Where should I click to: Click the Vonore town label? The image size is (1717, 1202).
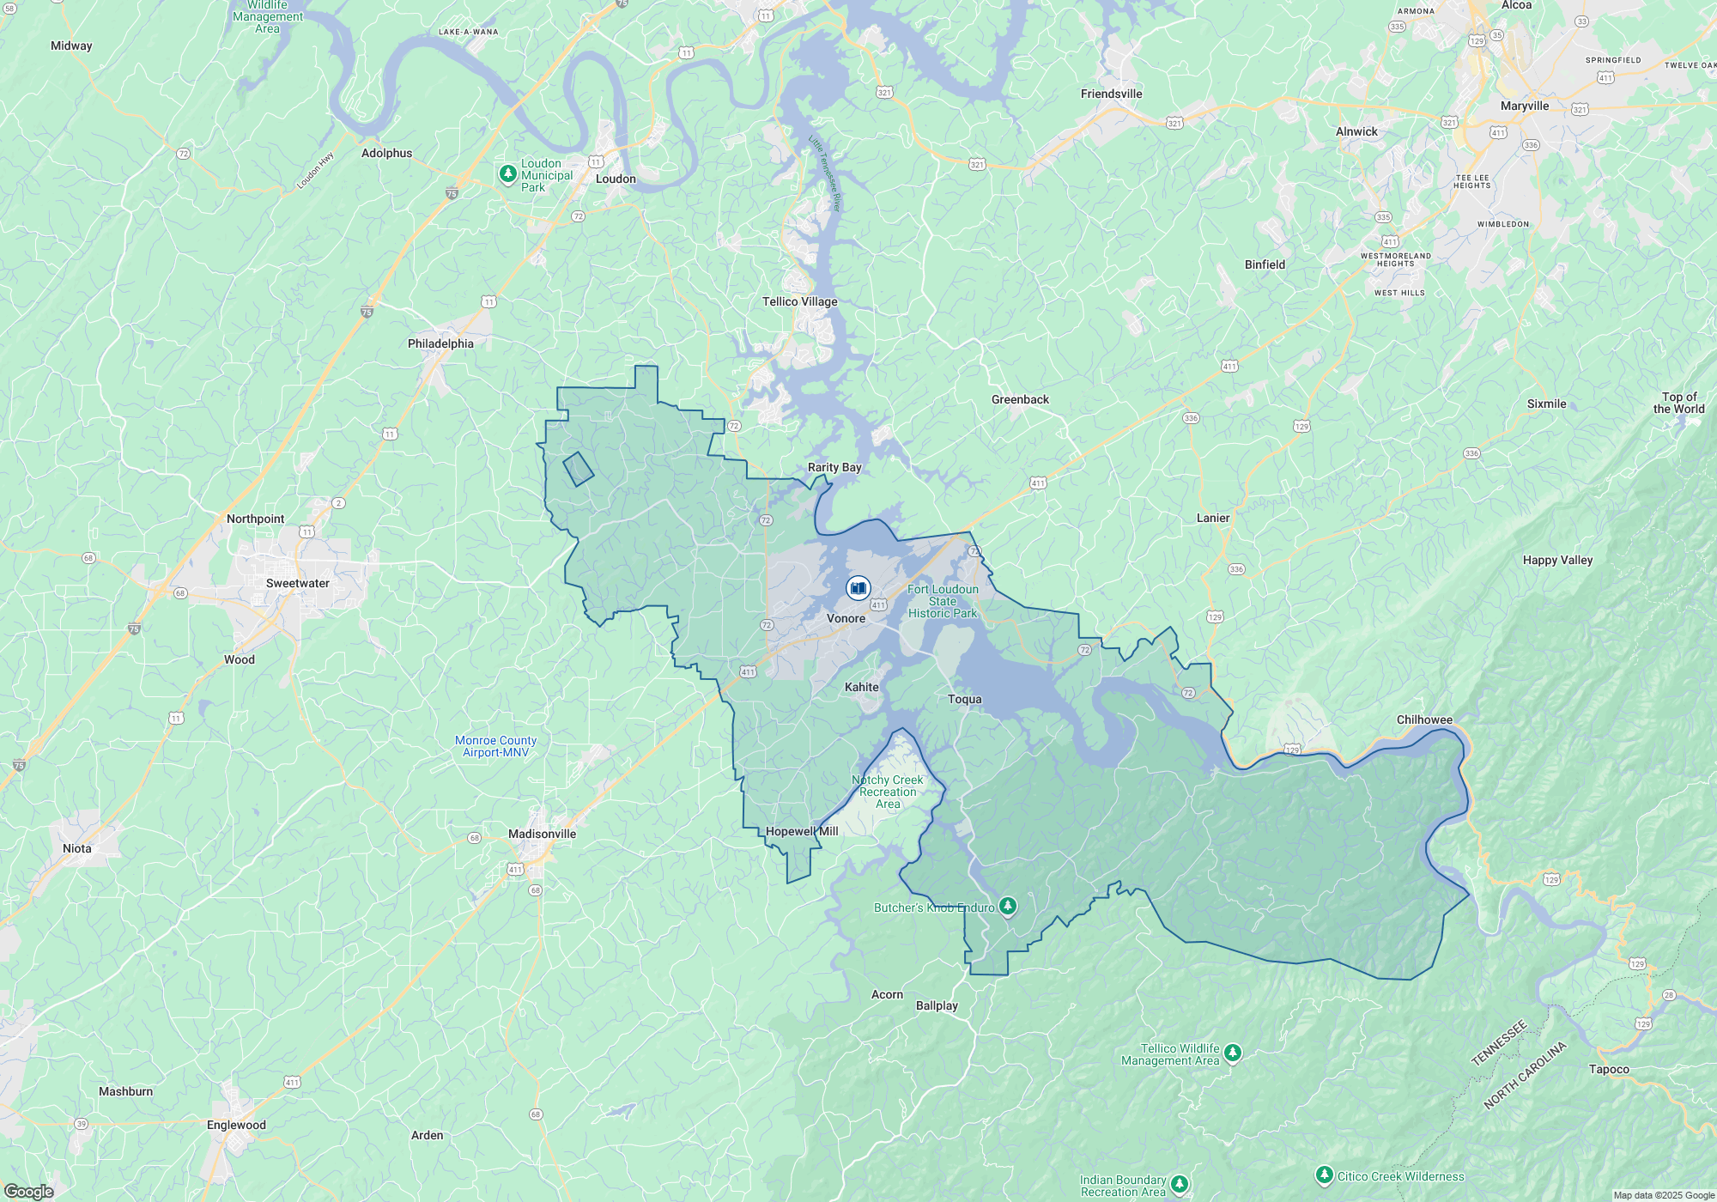tap(846, 618)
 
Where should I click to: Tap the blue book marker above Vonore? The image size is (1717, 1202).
tap(858, 588)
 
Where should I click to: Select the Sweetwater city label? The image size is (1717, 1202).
tap(297, 583)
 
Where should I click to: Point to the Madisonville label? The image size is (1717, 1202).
tap(542, 834)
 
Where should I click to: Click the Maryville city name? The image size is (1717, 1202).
tap(1525, 106)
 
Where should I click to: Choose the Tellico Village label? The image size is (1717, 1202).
tap(799, 301)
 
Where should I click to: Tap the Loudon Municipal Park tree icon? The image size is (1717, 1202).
tap(507, 174)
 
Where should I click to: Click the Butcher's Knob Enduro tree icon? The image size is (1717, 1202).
tap(1008, 906)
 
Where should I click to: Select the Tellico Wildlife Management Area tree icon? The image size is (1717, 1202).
tap(1233, 1053)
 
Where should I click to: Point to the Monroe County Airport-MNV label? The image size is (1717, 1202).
tap(495, 746)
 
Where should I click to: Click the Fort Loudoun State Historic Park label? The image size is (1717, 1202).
tap(943, 601)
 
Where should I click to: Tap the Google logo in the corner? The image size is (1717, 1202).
tap(29, 1192)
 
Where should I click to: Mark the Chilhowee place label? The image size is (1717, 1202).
tap(1424, 719)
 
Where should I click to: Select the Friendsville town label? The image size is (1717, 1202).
tap(1111, 94)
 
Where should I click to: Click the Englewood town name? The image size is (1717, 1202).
tap(236, 1125)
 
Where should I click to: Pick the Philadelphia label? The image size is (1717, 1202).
tap(440, 343)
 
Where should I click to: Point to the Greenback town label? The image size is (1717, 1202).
tap(1020, 399)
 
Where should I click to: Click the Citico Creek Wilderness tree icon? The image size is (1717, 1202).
tap(1325, 1175)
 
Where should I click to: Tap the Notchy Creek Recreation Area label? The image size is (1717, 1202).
tap(888, 792)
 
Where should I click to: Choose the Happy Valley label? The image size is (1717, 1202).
tap(1557, 560)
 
